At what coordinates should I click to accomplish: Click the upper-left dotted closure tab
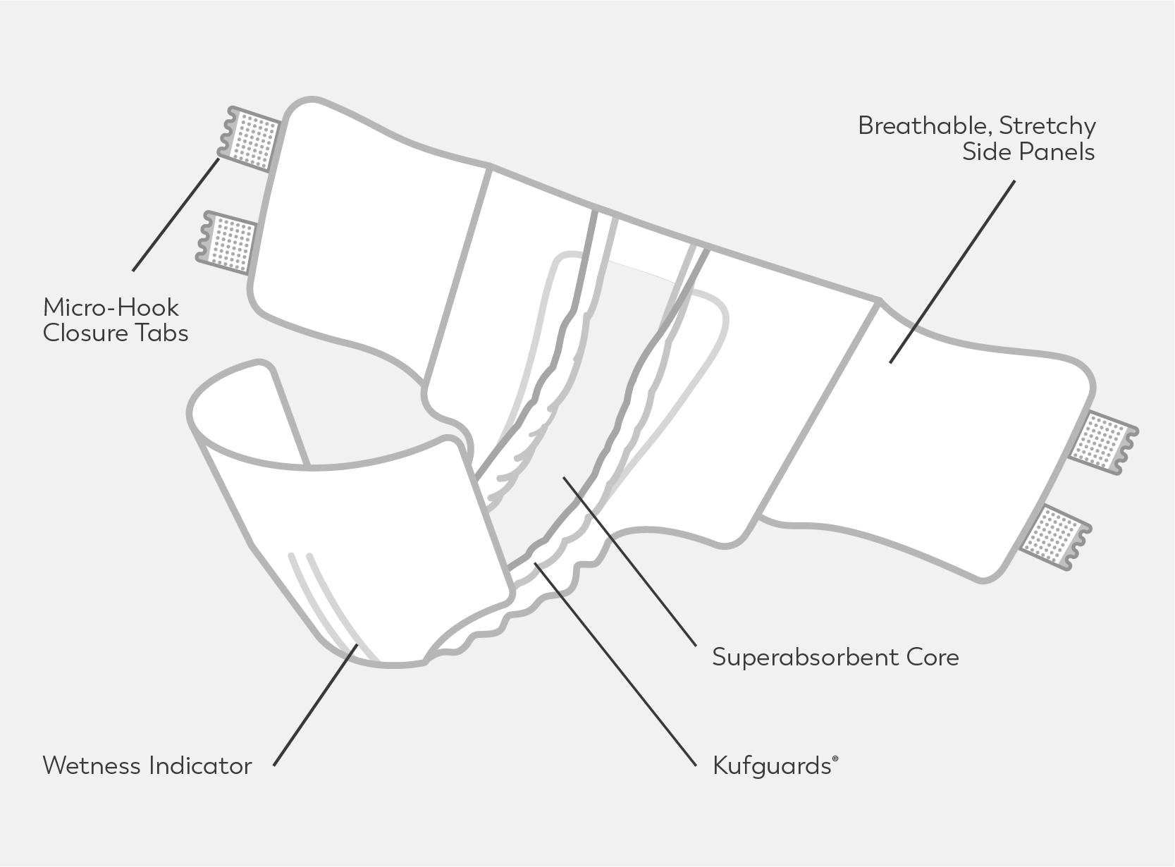tap(253, 139)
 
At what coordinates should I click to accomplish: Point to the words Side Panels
tap(1028, 152)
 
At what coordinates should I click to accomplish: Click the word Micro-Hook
tap(111, 308)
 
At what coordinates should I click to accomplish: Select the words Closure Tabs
tap(116, 333)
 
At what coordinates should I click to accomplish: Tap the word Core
tap(934, 658)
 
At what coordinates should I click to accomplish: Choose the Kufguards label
tap(772, 765)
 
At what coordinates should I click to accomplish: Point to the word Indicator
tap(199, 765)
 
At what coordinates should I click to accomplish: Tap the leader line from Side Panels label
tap(952, 271)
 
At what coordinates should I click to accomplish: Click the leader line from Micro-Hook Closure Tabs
tap(176, 214)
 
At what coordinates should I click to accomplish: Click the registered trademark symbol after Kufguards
tap(835, 759)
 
